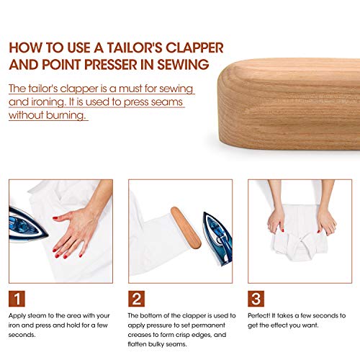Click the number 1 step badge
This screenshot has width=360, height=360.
click(18, 299)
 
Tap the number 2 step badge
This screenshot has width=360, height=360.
click(137, 299)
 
